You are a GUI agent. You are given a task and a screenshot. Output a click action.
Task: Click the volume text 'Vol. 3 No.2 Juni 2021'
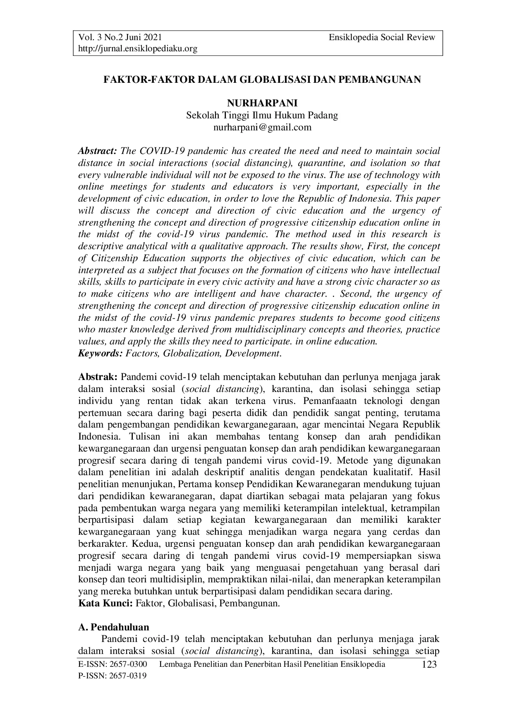click(x=117, y=38)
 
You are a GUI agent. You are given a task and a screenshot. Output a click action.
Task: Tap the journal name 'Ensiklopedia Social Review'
click(x=382, y=38)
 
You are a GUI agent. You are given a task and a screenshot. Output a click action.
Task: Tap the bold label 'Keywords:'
click(x=101, y=354)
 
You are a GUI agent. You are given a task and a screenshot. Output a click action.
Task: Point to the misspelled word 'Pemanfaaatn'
click(x=329, y=401)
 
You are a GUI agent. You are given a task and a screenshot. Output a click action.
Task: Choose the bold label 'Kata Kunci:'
click(x=105, y=603)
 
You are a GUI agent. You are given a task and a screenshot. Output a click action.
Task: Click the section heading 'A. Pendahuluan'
click(x=114, y=627)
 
